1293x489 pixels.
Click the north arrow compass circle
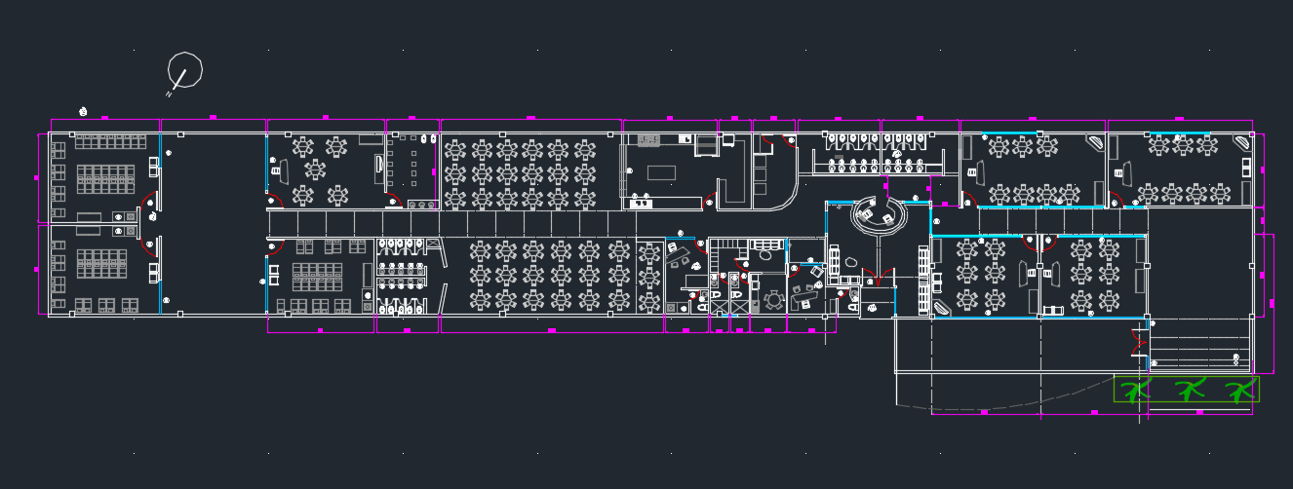tap(185, 70)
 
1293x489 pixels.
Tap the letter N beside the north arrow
tap(170, 94)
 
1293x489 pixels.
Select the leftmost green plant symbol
tap(1133, 391)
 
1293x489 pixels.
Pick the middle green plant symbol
tap(1188, 391)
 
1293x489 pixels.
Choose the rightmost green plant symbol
tap(1240, 391)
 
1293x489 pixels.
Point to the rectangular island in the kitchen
tap(661, 172)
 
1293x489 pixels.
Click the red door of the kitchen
tap(709, 202)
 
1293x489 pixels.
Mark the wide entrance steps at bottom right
tap(1198, 346)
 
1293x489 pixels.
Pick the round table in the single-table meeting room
tap(773, 299)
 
